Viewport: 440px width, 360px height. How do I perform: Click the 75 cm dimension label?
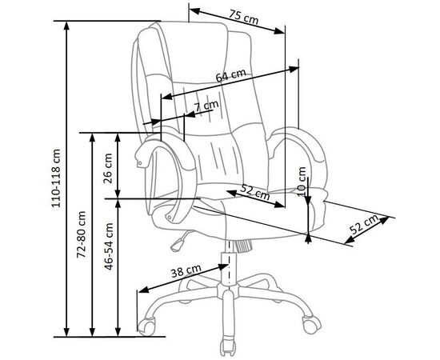pos(243,17)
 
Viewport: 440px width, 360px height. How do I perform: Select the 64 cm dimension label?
pos(230,75)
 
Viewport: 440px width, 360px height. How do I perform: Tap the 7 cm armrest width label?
pos(206,106)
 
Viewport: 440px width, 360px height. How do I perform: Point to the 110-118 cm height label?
pos(56,178)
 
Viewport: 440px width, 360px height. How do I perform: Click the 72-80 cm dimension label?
pos(81,234)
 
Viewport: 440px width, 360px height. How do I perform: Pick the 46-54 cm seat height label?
pos(109,246)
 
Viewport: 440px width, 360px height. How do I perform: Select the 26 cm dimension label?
pos(108,168)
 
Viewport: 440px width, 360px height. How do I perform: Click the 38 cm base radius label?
pos(186,270)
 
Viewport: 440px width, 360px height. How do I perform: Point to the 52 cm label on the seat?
pos(255,192)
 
